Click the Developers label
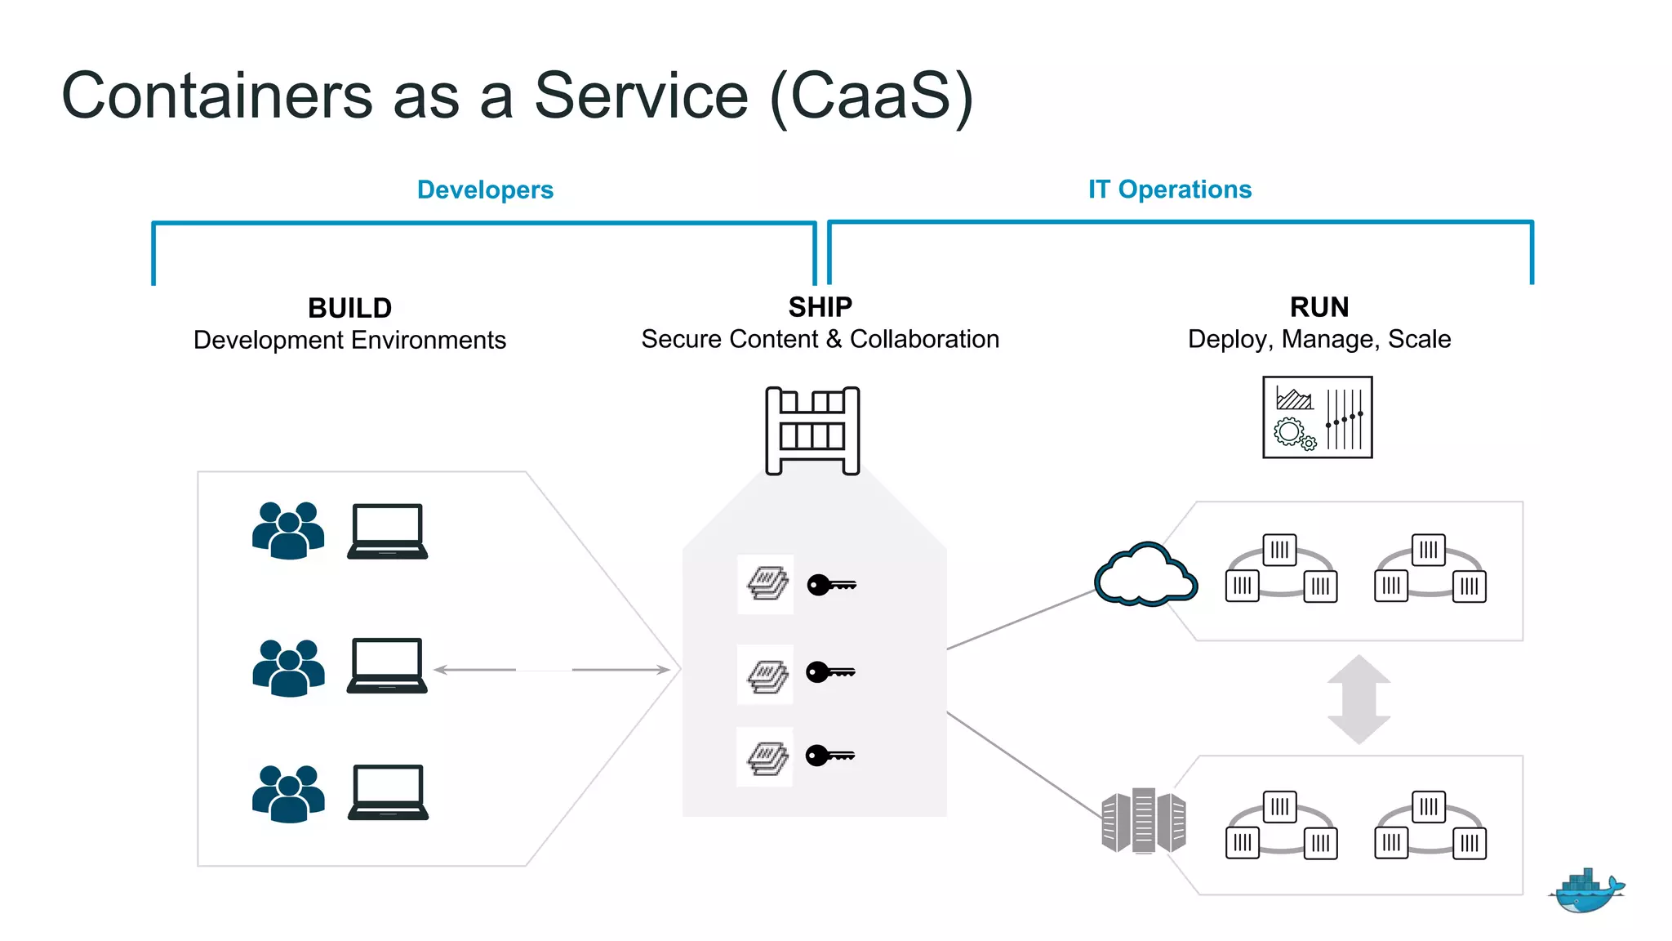coord(485,190)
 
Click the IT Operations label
coord(1169,190)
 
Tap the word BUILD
coord(349,308)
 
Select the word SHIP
coord(820,307)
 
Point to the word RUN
coord(1319,307)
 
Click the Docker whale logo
coord(1585,891)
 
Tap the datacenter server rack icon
coord(1143,821)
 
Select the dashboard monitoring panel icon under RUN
coord(1317,417)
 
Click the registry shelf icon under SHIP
coord(812,430)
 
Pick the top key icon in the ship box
coord(831,585)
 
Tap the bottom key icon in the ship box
coord(829,756)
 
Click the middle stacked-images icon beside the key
coord(767,676)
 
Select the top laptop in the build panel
coord(388,531)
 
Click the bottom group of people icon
coord(288,793)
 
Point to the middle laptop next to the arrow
coord(387,666)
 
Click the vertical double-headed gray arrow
coord(1358,699)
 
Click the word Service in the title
coord(641,96)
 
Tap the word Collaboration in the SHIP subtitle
coord(924,339)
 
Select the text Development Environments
coord(349,340)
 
